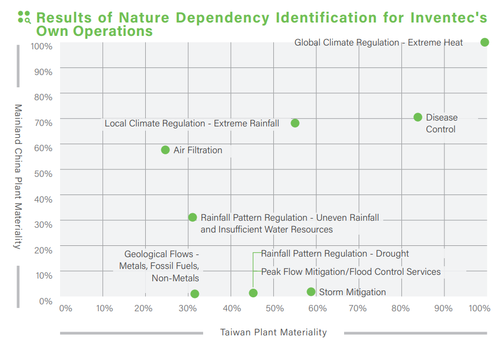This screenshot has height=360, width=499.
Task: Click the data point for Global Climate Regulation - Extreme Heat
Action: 485,42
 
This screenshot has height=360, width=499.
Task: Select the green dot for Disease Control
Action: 418,117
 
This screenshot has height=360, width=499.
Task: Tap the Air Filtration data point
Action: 165,150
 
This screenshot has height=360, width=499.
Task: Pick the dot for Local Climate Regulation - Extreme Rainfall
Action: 295,123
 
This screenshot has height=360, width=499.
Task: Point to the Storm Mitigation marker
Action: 311,291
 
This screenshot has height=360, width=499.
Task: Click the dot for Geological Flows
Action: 195,294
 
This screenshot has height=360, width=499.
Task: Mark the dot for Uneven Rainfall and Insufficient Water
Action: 192,217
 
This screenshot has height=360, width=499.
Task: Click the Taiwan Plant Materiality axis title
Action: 273,333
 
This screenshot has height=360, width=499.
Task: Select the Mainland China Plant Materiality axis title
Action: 18,177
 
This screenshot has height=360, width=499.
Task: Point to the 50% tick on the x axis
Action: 274,308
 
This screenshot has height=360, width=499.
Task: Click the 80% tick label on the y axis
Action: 43,97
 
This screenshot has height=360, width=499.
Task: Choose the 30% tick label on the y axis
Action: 43,224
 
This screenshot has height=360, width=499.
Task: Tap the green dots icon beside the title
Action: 24,17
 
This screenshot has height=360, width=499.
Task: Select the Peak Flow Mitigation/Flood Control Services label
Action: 351,272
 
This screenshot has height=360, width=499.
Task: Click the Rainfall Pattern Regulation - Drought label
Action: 334,253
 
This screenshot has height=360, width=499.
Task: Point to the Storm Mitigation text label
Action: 352,292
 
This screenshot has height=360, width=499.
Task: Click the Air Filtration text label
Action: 198,150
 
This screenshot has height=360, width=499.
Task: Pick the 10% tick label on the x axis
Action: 104,308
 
